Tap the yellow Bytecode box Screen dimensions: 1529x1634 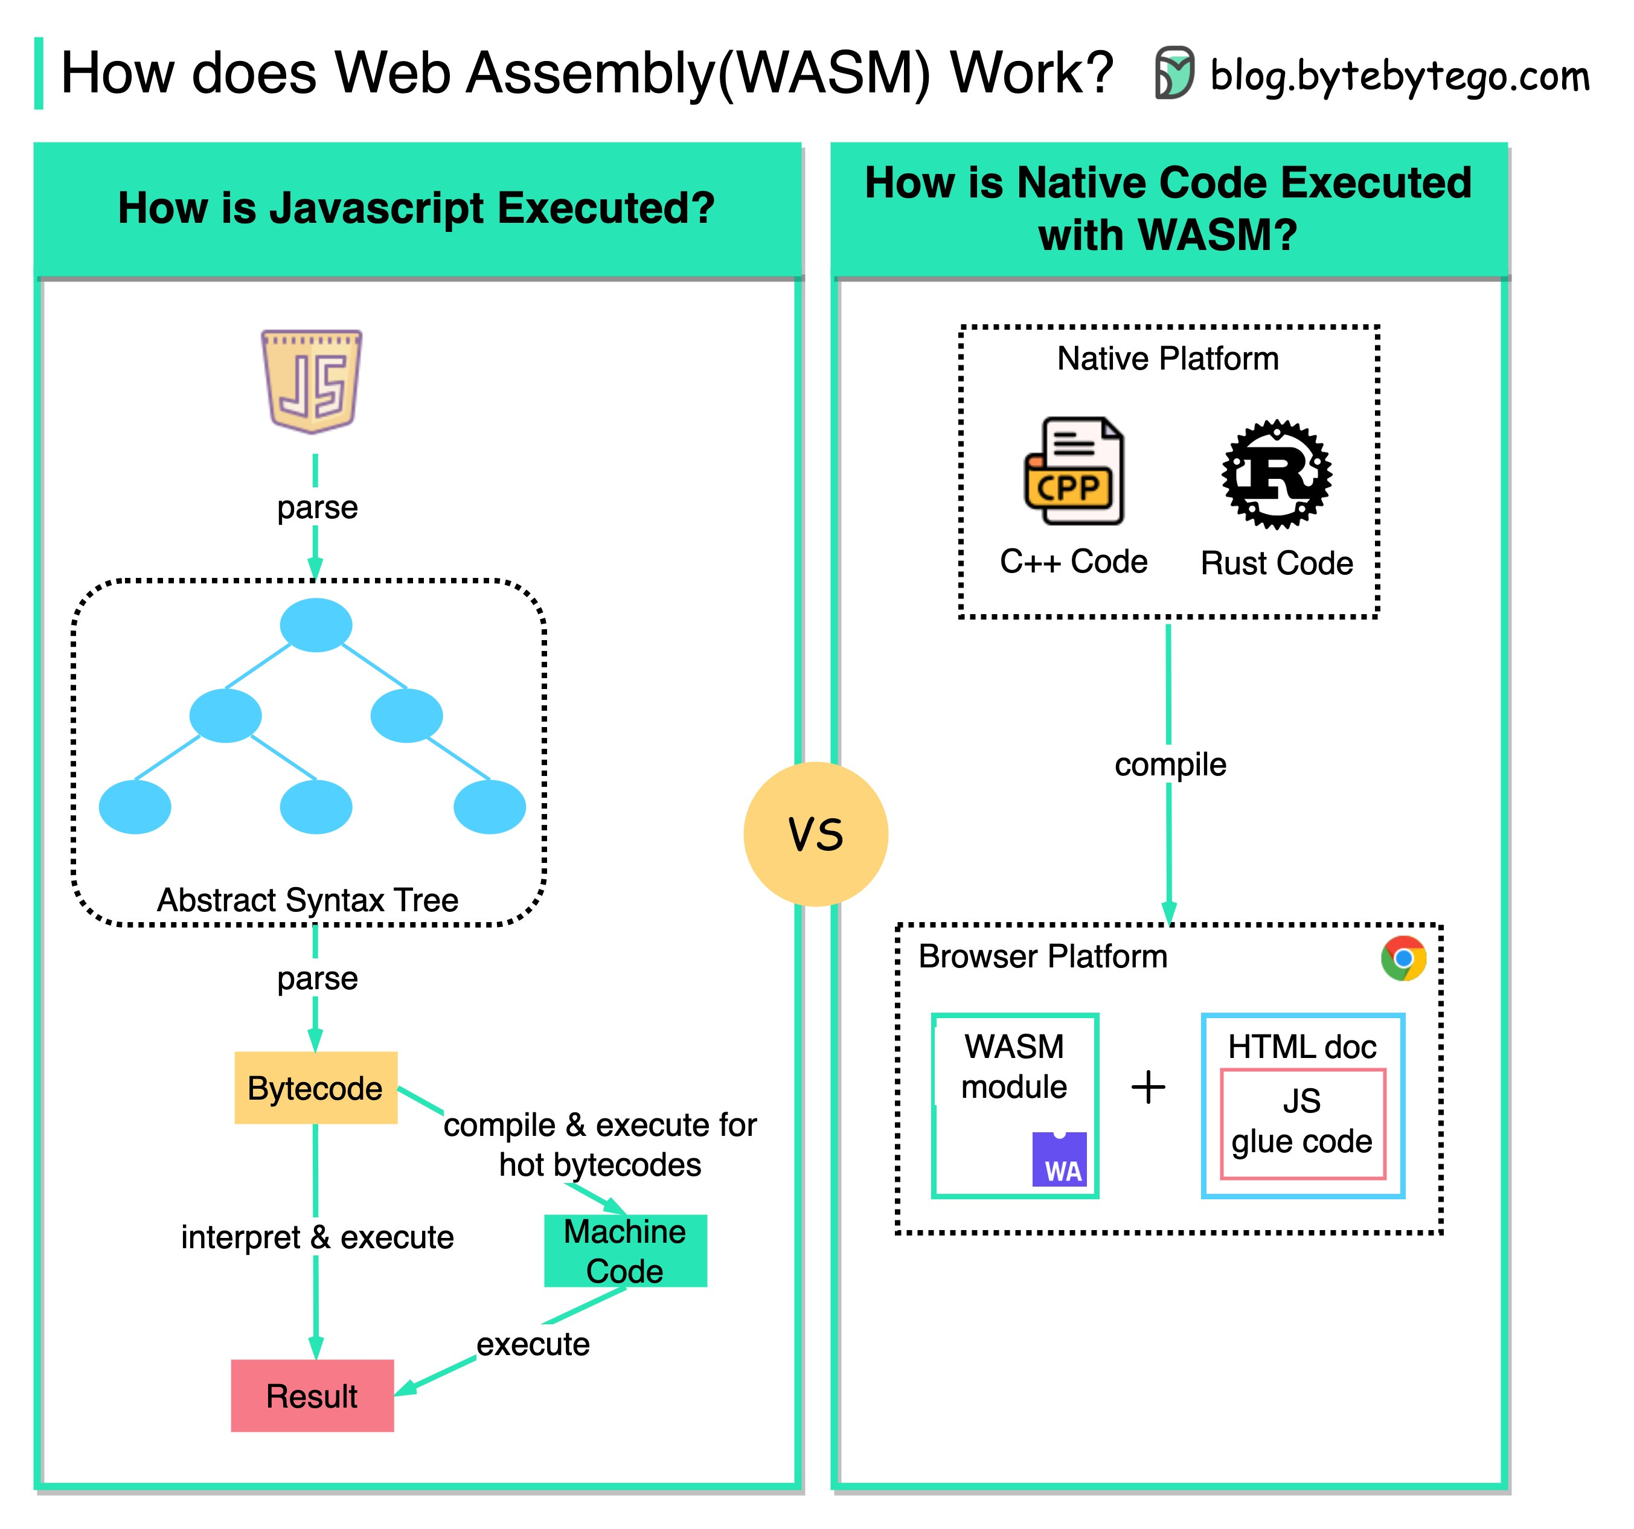tap(316, 1088)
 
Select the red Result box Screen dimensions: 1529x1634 tap(312, 1396)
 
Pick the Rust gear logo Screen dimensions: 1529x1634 tap(1277, 474)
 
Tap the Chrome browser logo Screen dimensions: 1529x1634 tap(1403, 958)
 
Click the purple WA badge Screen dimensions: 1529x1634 tap(1060, 1159)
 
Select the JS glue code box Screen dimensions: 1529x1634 tap(1302, 1123)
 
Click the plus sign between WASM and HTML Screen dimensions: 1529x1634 tap(1149, 1087)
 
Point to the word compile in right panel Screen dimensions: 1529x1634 tap(1170, 764)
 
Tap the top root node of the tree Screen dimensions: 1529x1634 tap(316, 625)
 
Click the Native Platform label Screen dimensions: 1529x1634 tap(1167, 359)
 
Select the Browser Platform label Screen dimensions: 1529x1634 tap(1042, 956)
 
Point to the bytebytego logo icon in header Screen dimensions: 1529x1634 tap(1174, 72)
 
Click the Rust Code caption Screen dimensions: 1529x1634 tap(1277, 563)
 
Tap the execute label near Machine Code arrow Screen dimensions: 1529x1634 tap(533, 1344)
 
